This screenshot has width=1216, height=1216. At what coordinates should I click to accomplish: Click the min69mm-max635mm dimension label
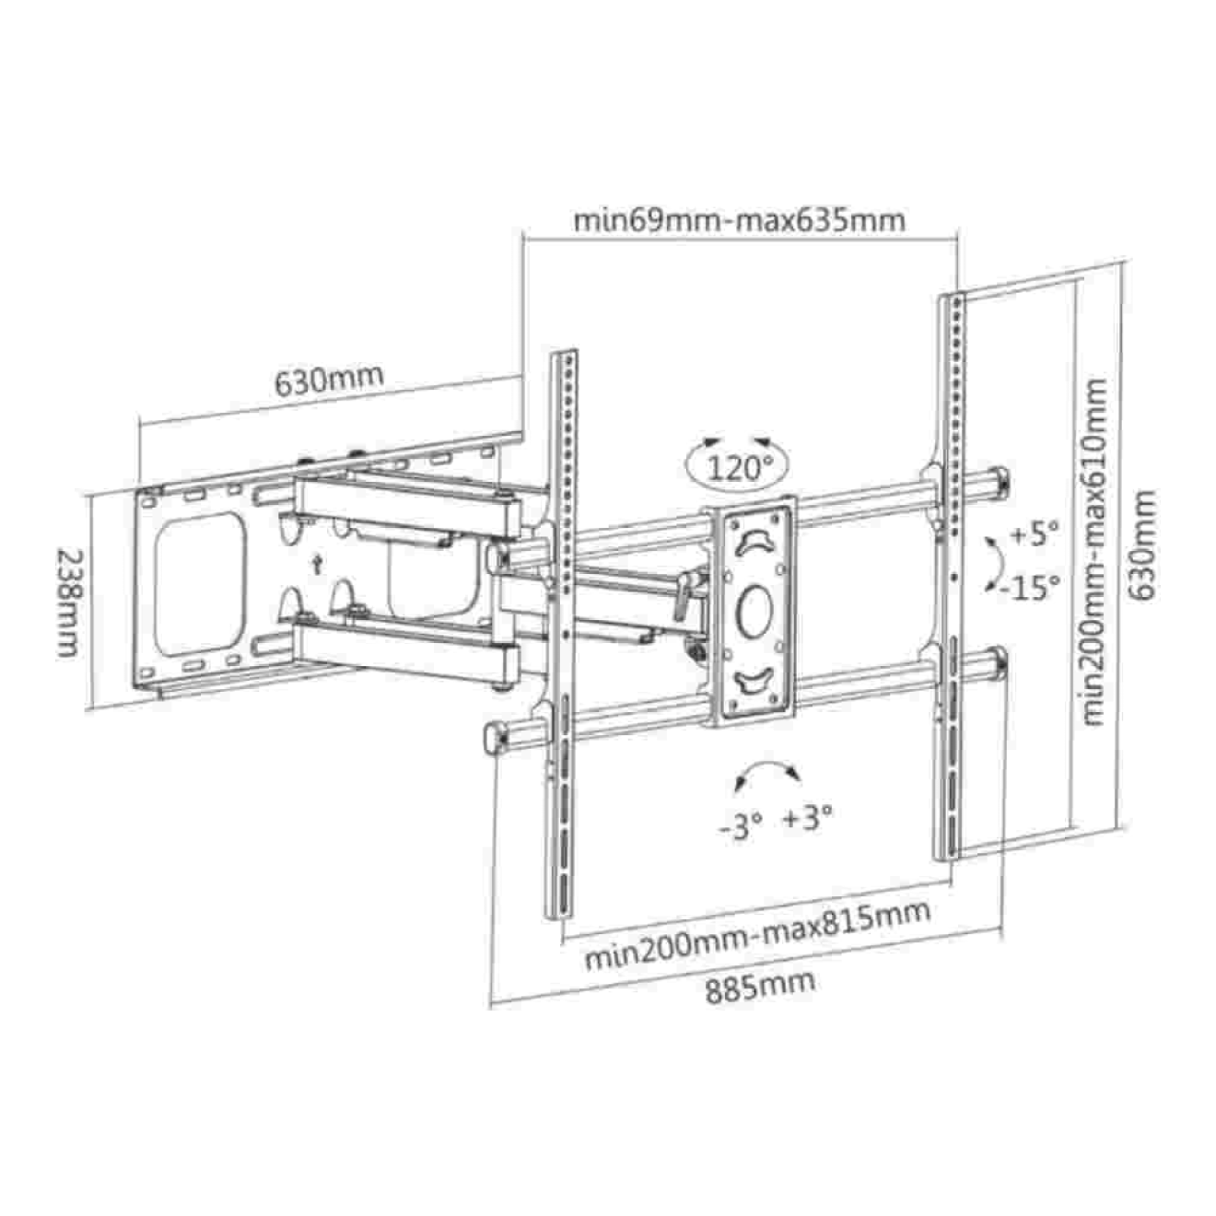[x=739, y=221]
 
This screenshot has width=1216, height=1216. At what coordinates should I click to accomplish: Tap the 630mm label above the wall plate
[x=329, y=379]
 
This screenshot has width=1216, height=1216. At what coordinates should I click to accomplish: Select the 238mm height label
[x=68, y=603]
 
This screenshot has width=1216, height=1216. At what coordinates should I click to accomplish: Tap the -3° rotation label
[x=741, y=825]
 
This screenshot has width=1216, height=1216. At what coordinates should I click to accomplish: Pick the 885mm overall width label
[x=760, y=985]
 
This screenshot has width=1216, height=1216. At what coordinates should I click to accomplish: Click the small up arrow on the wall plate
[x=318, y=565]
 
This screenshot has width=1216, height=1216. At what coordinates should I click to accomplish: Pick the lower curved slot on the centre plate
[x=754, y=682]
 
